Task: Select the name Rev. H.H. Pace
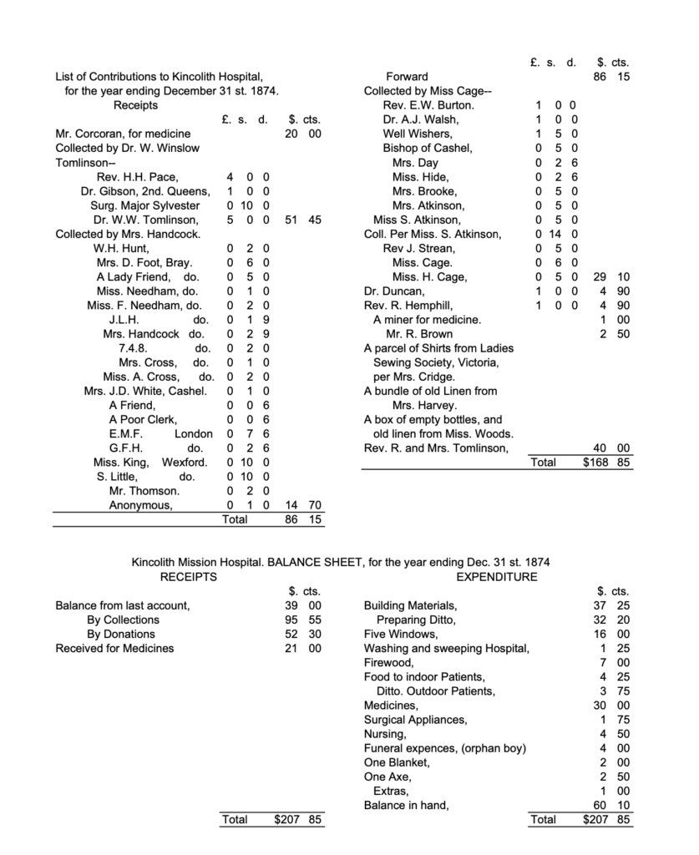(x=137, y=177)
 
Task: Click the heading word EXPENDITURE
(x=497, y=577)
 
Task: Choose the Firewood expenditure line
(x=387, y=662)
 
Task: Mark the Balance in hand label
(x=406, y=806)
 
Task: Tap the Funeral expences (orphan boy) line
(x=445, y=748)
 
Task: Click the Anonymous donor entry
(x=141, y=505)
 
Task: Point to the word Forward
(x=407, y=77)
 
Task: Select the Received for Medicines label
(x=114, y=648)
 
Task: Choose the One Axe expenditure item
(x=387, y=777)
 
